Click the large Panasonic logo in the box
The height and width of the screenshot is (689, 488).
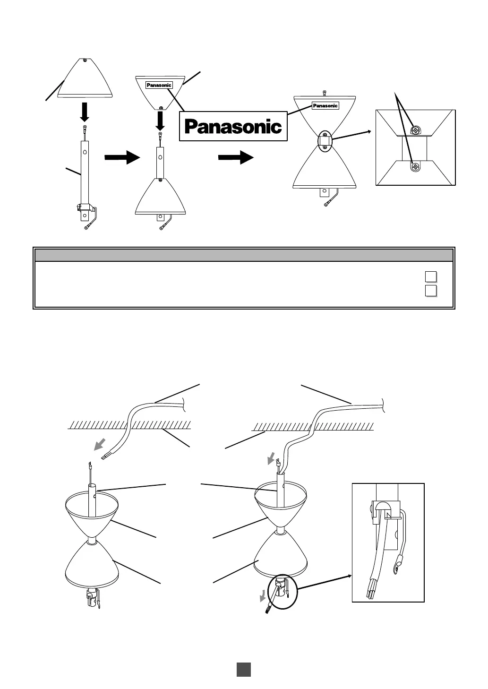[x=233, y=126]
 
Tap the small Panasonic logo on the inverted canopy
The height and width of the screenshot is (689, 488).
[x=159, y=85]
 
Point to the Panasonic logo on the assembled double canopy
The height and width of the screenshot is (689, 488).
[x=325, y=106]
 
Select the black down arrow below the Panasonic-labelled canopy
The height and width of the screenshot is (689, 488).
[x=160, y=121]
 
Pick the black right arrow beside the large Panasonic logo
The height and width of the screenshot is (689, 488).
[x=236, y=157]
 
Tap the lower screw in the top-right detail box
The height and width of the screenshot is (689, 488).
[x=415, y=167]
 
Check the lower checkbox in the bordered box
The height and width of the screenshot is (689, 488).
[x=430, y=290]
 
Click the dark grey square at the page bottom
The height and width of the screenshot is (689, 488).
[x=243, y=669]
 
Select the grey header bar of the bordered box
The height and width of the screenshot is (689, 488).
[x=244, y=255]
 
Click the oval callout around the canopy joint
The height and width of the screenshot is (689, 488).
[x=325, y=141]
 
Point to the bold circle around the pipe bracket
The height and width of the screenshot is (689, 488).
[x=283, y=593]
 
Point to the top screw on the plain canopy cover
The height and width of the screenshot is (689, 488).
[x=85, y=60]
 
